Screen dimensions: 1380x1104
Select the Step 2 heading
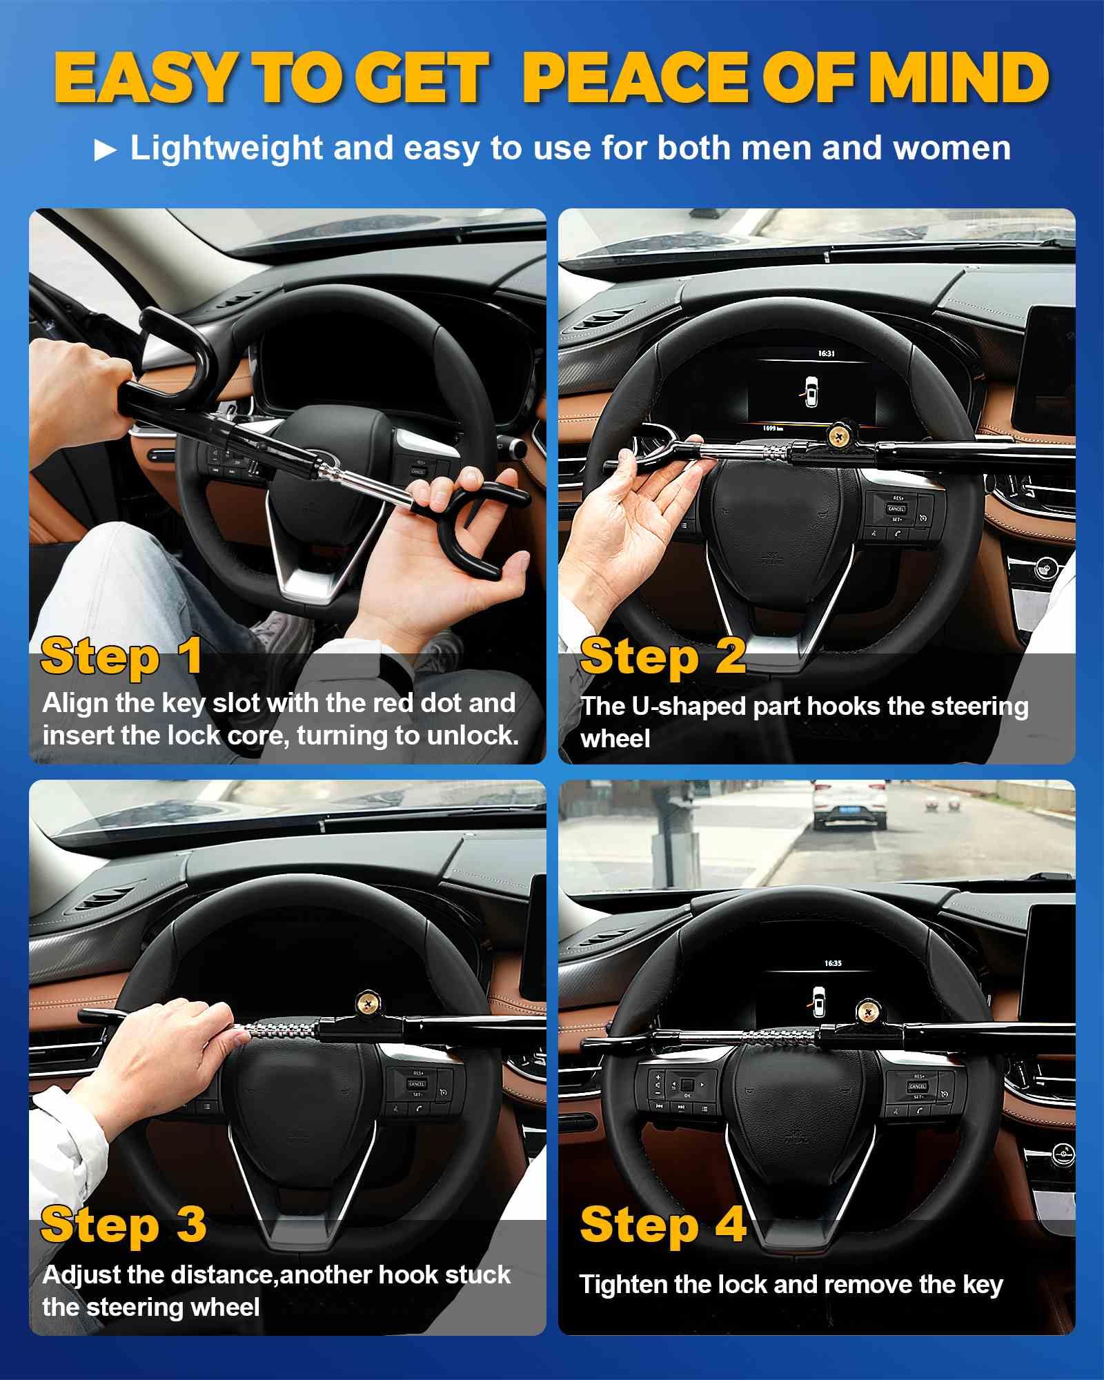(x=662, y=656)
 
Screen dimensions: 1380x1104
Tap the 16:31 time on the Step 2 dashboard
(x=827, y=353)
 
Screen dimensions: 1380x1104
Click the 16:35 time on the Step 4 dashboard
(x=833, y=963)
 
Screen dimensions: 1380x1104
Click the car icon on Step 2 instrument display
(x=811, y=391)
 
